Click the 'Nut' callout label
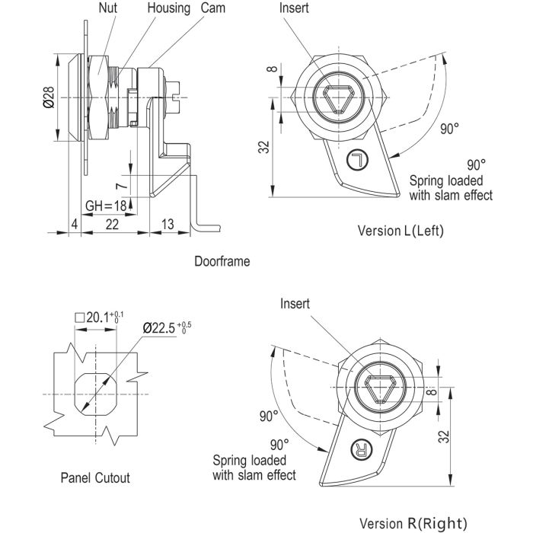point(108,8)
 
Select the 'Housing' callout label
point(168,8)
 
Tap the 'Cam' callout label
point(212,8)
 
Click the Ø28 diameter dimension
point(47,97)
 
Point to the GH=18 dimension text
point(106,206)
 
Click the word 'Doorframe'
point(222,260)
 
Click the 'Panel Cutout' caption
point(95,478)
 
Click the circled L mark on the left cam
point(356,160)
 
